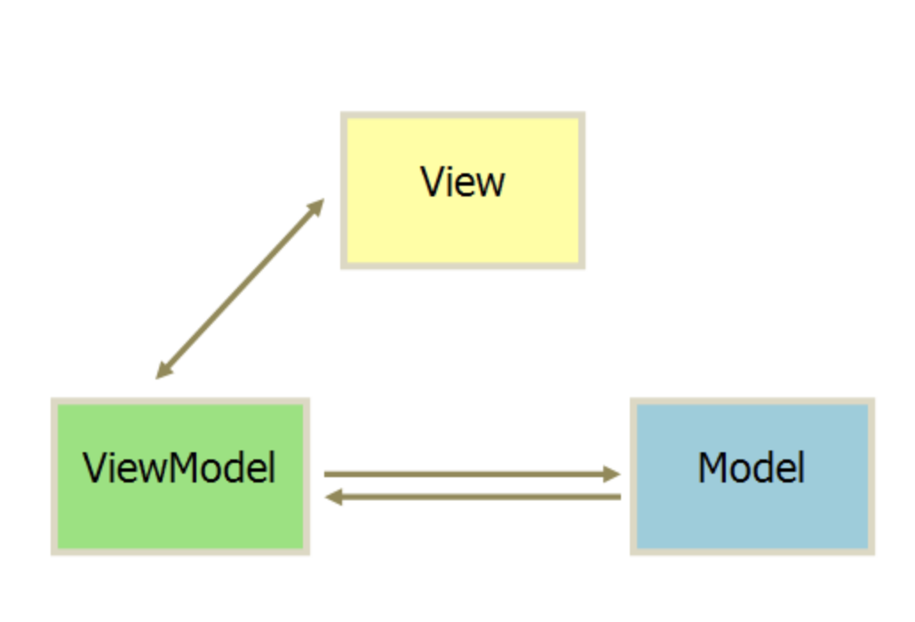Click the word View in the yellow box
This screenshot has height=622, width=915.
[x=463, y=182]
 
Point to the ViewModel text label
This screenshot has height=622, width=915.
[x=179, y=467]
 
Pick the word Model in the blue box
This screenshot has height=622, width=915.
[x=752, y=467]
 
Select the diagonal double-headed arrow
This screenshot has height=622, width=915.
[x=240, y=289]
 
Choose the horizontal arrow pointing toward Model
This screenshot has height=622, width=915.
[x=471, y=474]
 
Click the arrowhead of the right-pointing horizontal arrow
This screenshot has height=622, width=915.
[x=612, y=474]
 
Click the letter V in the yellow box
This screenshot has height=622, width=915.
[x=433, y=182]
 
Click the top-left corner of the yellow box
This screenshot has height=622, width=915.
[x=344, y=116]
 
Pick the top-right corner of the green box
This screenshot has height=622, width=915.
[x=306, y=402]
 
